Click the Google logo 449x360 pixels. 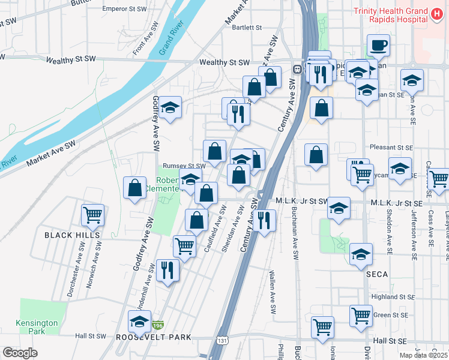click(x=20, y=353)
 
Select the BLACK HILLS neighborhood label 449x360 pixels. click(x=67, y=236)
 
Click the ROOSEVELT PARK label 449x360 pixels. click(x=154, y=337)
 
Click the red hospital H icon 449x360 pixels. click(x=438, y=13)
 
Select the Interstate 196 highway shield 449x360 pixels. click(x=158, y=325)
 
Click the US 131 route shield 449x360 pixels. click(x=222, y=340)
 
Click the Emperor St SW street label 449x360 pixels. click(x=125, y=9)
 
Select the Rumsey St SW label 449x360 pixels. click(x=184, y=166)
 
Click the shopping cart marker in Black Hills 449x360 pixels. click(x=92, y=214)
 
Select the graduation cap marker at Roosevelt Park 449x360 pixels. click(x=140, y=320)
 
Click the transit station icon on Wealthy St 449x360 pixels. click(x=297, y=69)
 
